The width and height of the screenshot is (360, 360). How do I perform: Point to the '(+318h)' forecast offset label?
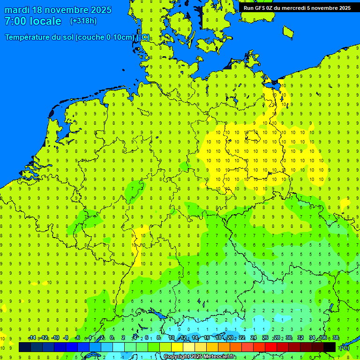pyautogui.click(x=83, y=21)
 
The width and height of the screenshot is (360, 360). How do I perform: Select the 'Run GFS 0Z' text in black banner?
pyautogui.click(x=260, y=8)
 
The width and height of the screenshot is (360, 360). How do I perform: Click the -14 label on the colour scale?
pyautogui.click(x=32, y=338)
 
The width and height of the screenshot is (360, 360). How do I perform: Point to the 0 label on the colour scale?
pyautogui.click(x=112, y=338)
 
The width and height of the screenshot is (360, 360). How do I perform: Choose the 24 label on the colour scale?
pyautogui.click(x=253, y=338)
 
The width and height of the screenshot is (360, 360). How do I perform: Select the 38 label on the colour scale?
pyautogui.click(x=335, y=338)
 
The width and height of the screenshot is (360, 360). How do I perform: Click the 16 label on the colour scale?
pyautogui.click(x=206, y=338)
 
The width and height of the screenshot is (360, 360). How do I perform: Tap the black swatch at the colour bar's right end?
pyautogui.click(x=330, y=347)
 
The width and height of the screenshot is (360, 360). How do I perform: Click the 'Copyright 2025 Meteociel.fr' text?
pyautogui.click(x=200, y=357)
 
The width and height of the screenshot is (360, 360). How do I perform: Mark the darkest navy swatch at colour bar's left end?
pyautogui.click(x=25, y=347)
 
